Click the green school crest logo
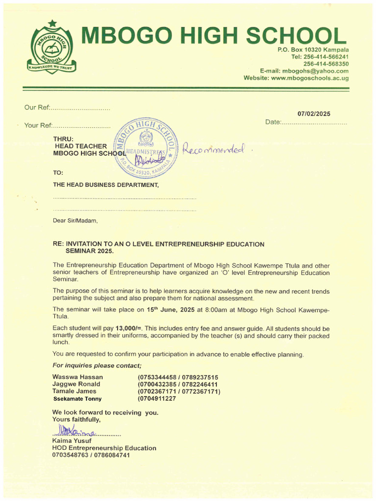[51, 47]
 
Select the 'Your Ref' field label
[38, 126]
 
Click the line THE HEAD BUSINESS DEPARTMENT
[106, 185]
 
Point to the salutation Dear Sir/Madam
[75, 221]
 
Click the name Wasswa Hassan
[77, 377]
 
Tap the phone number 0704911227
[157, 399]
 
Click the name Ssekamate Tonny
[77, 399]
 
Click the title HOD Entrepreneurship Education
[104, 448]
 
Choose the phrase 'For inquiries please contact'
[97, 366]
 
